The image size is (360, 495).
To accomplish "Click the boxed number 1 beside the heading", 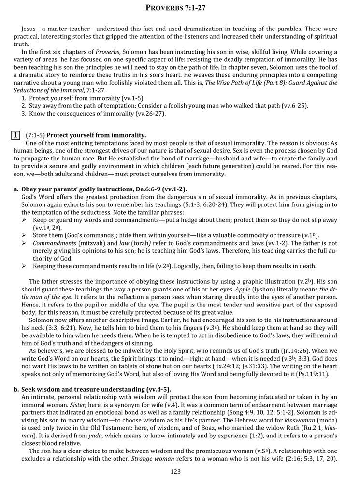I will (16, 135).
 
